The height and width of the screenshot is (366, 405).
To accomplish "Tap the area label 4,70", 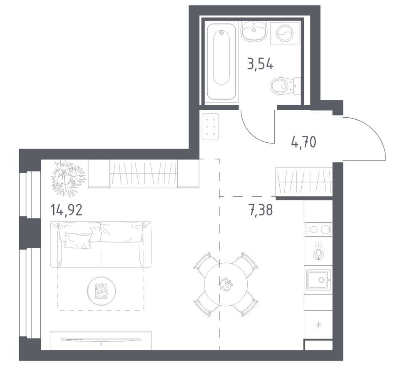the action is pyautogui.click(x=303, y=142).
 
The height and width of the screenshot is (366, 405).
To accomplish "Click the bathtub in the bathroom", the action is pyautogui.click(x=221, y=62).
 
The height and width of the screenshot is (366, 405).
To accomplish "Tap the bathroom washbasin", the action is pyautogui.click(x=254, y=31).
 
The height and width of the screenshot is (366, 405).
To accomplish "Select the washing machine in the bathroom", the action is pyautogui.click(x=284, y=33).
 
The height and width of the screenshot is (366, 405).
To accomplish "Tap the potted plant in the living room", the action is pyautogui.click(x=68, y=178).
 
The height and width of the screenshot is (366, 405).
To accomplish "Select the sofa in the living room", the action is pyautogui.click(x=100, y=244).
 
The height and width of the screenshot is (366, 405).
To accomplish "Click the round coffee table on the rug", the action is pyautogui.click(x=101, y=291).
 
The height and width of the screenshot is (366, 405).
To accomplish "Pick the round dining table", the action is pyautogui.click(x=226, y=284).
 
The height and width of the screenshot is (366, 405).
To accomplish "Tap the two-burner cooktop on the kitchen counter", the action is pyautogui.click(x=318, y=229).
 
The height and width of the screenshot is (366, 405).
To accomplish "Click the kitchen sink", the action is pyautogui.click(x=318, y=279).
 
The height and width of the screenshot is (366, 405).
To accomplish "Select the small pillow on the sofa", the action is pyautogui.click(x=78, y=240).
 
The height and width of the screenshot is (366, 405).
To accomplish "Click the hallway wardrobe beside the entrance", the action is pyautogui.click(x=304, y=182).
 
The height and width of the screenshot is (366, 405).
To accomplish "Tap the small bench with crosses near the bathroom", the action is pyautogui.click(x=210, y=126).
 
